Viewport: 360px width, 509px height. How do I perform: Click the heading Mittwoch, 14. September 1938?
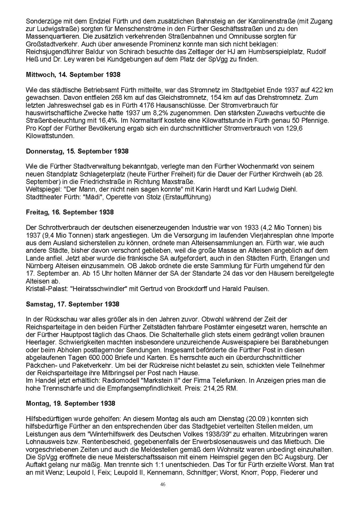tap(73, 75)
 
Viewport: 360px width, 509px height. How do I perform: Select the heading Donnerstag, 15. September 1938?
tap(77, 151)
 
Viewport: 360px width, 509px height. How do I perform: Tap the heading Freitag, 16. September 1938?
tap(70, 212)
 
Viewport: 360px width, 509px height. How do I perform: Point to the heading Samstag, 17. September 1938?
tap(72, 304)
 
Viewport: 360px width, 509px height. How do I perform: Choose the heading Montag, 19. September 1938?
tap(71, 403)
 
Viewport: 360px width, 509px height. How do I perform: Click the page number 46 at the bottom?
tap(163, 484)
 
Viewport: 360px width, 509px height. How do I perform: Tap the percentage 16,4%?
tap(97, 121)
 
